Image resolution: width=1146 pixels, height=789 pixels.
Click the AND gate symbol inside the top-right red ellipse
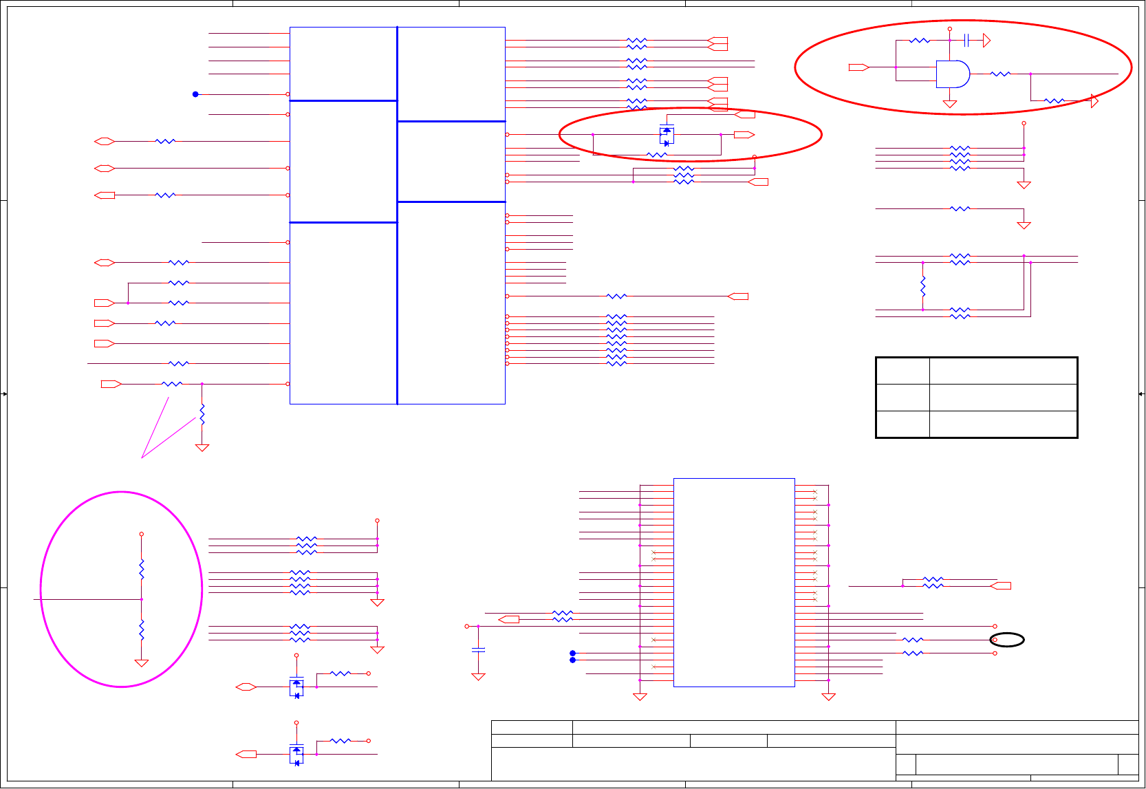(x=953, y=74)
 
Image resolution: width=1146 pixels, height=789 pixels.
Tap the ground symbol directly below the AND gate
(x=950, y=104)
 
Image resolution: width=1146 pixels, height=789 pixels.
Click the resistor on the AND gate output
(x=1000, y=74)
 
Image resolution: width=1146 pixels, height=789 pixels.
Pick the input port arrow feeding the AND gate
(x=858, y=67)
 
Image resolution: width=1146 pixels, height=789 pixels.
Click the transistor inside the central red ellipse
(x=666, y=136)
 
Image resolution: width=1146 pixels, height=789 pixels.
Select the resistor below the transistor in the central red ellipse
(x=657, y=155)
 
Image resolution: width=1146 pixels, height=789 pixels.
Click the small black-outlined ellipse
(x=1007, y=640)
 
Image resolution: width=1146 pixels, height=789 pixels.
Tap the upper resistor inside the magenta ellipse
(x=142, y=570)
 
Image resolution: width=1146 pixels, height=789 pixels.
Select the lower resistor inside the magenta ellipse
(x=142, y=630)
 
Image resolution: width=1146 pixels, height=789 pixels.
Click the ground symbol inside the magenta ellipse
(x=142, y=663)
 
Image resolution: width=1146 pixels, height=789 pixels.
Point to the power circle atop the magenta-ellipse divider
(x=142, y=534)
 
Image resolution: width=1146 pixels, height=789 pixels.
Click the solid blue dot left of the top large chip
(x=195, y=94)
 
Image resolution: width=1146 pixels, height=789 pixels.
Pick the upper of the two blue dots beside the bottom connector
(x=572, y=653)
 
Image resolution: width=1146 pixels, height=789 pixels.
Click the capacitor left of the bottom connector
(x=478, y=649)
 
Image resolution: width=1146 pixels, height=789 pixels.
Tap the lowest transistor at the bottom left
(x=296, y=754)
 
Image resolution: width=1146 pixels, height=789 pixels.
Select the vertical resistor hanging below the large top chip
(x=202, y=414)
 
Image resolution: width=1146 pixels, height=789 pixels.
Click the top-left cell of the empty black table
(x=902, y=371)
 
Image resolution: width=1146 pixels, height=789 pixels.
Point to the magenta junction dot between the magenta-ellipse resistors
(x=142, y=599)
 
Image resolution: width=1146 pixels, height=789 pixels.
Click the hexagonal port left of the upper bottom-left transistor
(x=246, y=687)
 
